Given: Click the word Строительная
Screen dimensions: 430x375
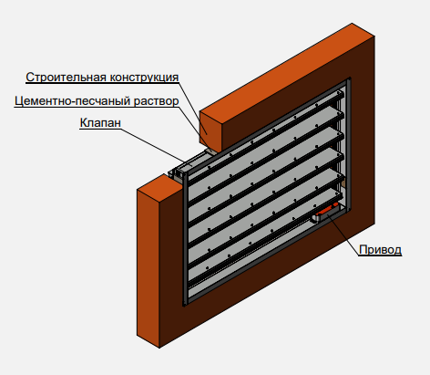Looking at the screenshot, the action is (x=66, y=77).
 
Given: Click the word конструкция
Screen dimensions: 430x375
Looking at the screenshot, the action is (x=144, y=78).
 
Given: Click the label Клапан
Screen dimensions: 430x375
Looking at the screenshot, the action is (x=100, y=122).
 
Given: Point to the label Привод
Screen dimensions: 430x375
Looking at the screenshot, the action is (x=380, y=250).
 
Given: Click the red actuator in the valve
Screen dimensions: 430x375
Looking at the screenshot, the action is (x=326, y=209).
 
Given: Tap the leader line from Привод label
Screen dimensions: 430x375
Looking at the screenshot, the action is (x=343, y=234).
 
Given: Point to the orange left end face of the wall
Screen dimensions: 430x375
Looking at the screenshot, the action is (x=148, y=262).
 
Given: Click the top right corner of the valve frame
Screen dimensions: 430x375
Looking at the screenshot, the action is (x=350, y=79).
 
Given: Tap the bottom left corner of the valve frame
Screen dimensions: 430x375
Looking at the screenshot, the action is (x=184, y=304).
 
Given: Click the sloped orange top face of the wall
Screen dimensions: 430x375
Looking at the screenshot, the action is (x=287, y=68).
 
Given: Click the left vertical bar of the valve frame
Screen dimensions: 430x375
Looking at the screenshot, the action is (x=185, y=239).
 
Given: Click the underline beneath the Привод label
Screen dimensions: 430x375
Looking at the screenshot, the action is (x=380, y=255).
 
